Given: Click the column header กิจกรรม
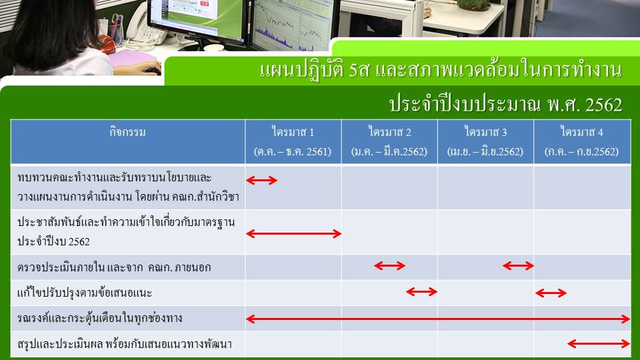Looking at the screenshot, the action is [127, 132].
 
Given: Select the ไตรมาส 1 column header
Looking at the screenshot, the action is [293, 132].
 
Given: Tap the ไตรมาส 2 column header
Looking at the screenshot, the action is [389, 132].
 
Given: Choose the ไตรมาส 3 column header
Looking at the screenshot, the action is [485, 132].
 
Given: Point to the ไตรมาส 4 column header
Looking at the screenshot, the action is [581, 132].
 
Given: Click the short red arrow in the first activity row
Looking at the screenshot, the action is [261, 180].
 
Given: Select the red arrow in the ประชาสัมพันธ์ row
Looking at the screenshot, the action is [293, 233].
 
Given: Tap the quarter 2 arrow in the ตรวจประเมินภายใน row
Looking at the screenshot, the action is [389, 266].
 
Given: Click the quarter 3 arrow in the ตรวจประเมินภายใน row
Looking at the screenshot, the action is [518, 266].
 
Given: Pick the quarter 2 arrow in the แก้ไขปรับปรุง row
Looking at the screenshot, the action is [421, 291].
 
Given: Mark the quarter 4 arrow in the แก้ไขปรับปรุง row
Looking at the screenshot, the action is [551, 293].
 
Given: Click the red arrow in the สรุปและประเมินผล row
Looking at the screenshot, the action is [599, 344].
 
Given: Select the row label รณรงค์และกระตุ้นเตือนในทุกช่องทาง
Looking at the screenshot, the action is [99, 318].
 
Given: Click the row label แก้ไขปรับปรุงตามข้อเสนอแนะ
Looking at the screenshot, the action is [85, 292].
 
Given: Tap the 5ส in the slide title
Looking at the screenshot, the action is [359, 70].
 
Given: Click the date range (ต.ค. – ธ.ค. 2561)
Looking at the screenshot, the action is [292, 151].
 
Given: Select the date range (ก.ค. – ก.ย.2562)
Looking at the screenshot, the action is [581, 151].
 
